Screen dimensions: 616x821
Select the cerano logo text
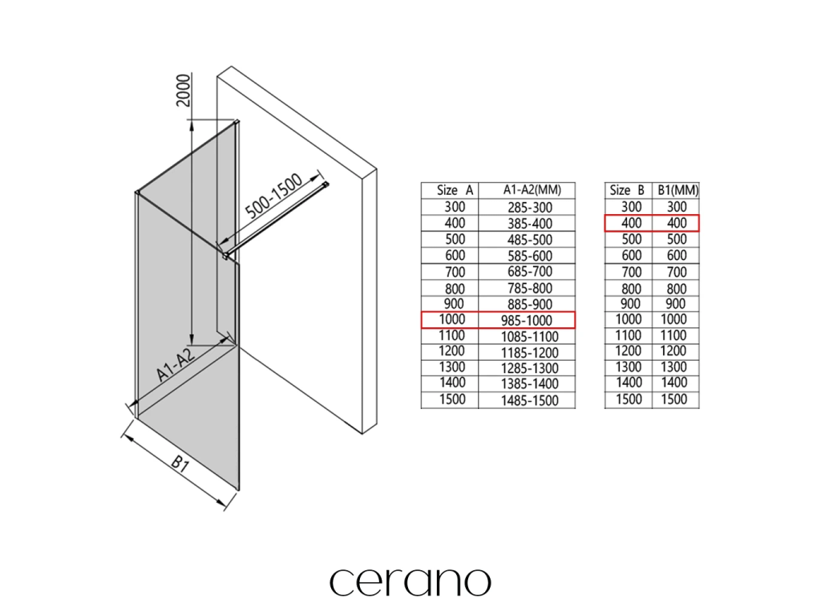coord(410,582)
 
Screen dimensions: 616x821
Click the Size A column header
coord(455,190)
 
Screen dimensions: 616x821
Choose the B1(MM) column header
coord(677,190)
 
